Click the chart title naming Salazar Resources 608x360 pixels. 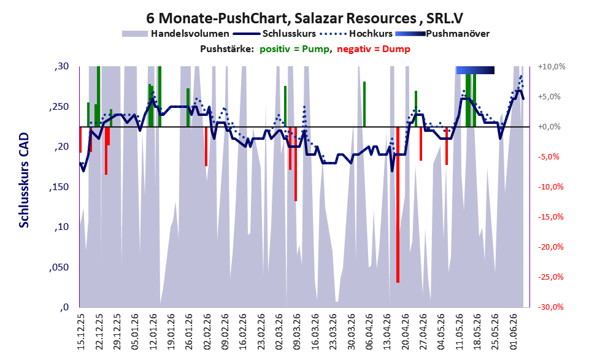point(304,18)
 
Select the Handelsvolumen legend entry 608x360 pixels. point(175,34)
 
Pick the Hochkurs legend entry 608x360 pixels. point(356,34)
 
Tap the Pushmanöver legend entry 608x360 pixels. point(442,34)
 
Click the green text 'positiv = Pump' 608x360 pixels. point(295,49)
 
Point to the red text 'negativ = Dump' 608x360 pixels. point(374,49)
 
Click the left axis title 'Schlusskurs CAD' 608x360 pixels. point(24,180)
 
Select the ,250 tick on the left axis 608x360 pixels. point(59,107)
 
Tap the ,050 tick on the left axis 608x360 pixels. point(59,267)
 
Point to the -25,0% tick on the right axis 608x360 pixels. point(550,277)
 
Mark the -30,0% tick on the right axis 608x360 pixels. point(550,307)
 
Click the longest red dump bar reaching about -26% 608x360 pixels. point(398,205)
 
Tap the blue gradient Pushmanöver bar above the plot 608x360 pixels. point(475,70)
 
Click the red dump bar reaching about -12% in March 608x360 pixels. point(296,164)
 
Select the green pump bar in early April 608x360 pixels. point(364,104)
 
